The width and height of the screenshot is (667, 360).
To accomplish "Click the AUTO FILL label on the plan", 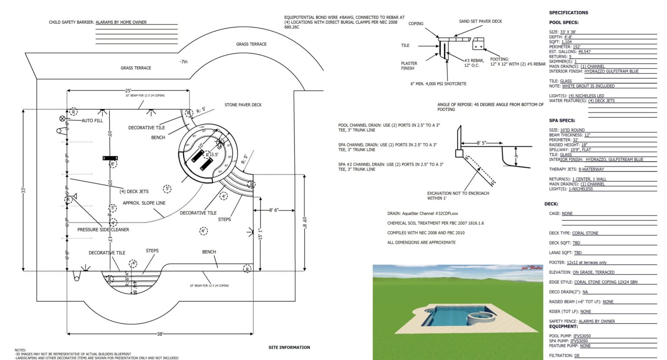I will [x=92, y=121].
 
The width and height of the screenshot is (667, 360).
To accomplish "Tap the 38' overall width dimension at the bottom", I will [x=160, y=334].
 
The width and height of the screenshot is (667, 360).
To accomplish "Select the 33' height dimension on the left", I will [x=24, y=190].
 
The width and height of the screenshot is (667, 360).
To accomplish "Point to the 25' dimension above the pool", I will [x=128, y=91].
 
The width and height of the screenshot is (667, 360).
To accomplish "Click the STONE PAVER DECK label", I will [x=243, y=105].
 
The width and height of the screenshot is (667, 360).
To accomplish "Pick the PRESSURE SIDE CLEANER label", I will [x=103, y=230].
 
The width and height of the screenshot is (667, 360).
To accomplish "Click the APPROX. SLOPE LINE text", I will [x=144, y=203].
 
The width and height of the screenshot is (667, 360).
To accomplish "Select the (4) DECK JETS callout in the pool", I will [x=134, y=192].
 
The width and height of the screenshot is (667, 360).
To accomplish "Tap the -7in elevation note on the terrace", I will [x=184, y=62].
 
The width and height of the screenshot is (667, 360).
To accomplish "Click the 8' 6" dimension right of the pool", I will [x=274, y=210].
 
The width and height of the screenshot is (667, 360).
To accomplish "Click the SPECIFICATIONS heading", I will [x=568, y=13].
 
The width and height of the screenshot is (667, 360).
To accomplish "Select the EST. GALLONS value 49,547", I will [x=584, y=52].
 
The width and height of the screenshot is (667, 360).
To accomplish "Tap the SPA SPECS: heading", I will [x=562, y=121].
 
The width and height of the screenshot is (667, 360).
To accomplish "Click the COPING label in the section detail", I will [x=416, y=24].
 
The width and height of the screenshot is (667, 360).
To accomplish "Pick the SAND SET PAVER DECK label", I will [x=480, y=21].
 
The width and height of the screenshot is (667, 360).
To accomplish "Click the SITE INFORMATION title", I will [x=289, y=347].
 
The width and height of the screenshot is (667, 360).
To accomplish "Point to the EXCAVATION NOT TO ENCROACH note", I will [x=458, y=196].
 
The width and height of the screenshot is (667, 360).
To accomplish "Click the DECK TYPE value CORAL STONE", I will [x=585, y=233].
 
